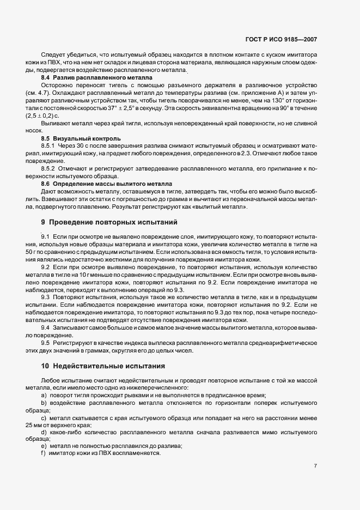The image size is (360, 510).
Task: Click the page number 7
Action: pos(316,466)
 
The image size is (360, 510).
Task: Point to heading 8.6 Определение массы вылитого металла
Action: pos(106,185)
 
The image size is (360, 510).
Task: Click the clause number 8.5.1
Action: pos(49,147)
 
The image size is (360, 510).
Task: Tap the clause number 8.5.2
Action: pos(49,169)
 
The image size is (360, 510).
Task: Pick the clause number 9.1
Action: pos(45,236)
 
